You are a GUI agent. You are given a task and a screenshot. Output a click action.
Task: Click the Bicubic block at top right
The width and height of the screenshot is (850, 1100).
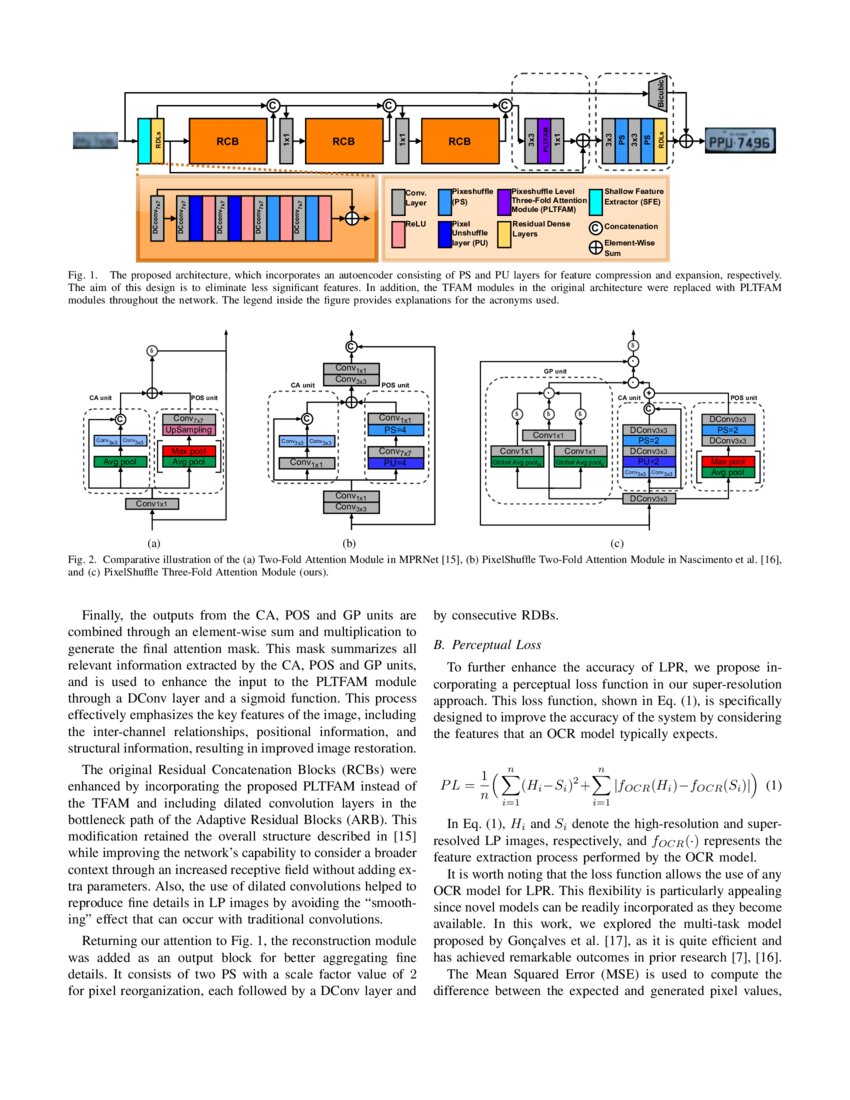click(658, 92)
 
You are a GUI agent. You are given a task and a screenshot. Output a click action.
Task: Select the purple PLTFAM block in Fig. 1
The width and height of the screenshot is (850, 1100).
click(544, 141)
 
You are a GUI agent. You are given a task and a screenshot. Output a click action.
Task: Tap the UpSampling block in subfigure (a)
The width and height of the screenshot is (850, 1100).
click(189, 429)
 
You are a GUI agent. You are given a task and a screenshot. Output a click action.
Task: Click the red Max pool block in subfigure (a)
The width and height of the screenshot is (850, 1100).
click(189, 451)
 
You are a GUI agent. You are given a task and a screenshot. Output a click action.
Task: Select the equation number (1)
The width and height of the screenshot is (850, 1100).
click(773, 785)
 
